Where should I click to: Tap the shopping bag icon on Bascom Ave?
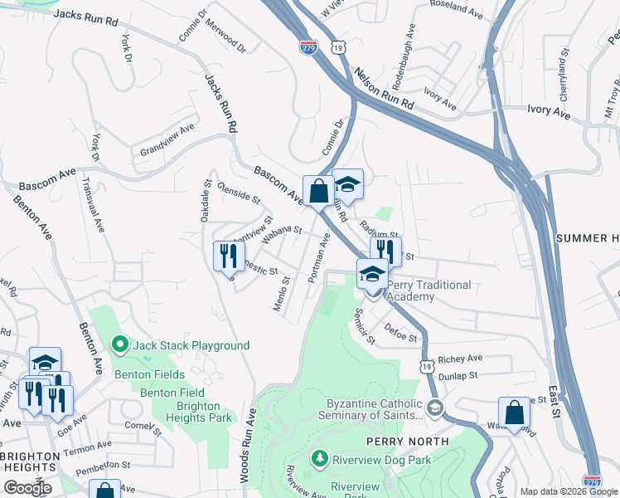click(318, 192)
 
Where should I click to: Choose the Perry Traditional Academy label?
click(429, 290)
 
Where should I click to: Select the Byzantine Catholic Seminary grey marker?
click(435, 408)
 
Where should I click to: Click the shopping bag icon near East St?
click(514, 413)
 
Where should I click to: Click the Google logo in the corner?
click(27, 488)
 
